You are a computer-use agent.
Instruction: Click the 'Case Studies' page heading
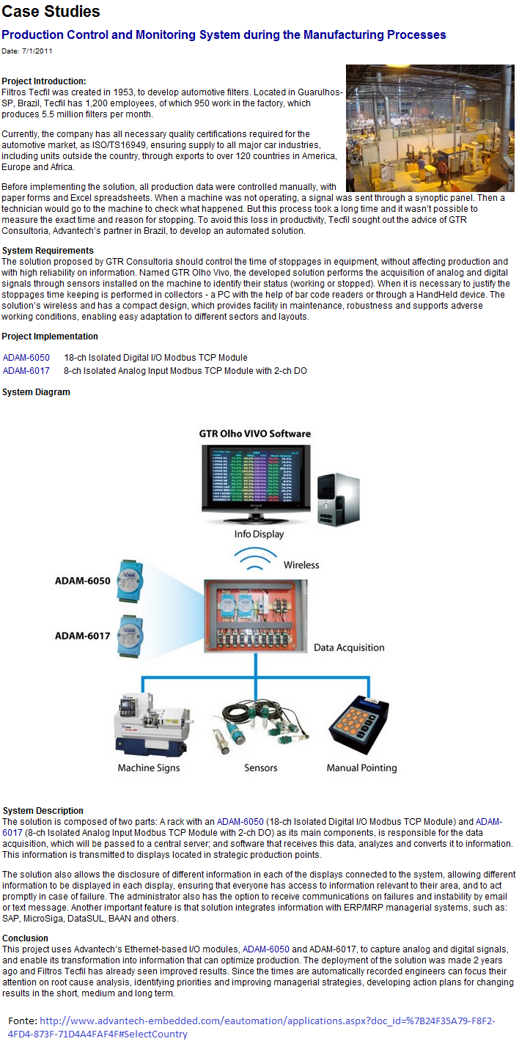pos(51,11)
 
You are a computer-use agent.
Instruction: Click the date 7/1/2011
pos(37,51)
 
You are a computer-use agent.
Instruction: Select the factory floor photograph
pos(430,128)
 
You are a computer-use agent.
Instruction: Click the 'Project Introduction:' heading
pos(44,81)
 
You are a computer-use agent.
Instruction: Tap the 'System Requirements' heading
pos(48,250)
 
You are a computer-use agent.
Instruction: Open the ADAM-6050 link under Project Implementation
pos(26,358)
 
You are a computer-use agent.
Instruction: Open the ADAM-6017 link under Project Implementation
pos(26,370)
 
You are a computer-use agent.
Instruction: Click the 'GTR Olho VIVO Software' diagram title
pos(255,433)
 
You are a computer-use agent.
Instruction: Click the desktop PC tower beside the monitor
pos(339,499)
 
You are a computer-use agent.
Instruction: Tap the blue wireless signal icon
pos(255,558)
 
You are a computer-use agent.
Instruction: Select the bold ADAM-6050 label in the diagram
pos(82,581)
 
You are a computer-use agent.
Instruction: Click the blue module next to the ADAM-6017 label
pos(130,636)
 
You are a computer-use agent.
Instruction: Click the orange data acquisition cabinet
pos(255,616)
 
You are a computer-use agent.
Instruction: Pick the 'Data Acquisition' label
pos(349,647)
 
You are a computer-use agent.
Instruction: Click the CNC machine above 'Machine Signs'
pos(152,725)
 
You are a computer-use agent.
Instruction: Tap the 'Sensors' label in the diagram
pos(260,768)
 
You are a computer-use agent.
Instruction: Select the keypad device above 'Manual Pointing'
pos(359,724)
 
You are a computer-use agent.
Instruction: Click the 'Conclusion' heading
pos(25,938)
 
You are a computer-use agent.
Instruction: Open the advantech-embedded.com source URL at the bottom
pos(251,1027)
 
